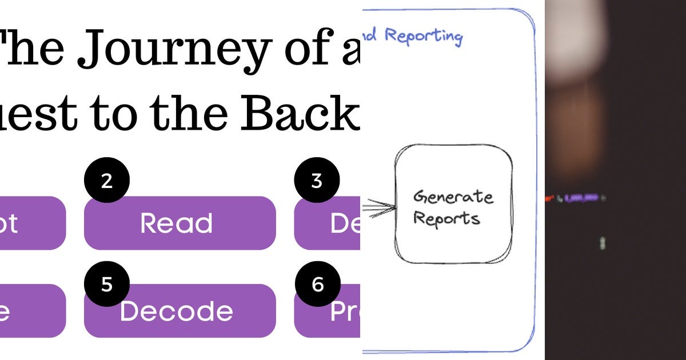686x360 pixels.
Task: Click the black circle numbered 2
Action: (107, 180)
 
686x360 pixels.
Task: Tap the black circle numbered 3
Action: (317, 180)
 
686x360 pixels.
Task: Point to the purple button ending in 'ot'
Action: (31, 223)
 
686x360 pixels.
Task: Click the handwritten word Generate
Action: (453, 197)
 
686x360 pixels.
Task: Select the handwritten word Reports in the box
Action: (446, 218)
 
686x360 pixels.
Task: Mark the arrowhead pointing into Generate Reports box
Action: (390, 207)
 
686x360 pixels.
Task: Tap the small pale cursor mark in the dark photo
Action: (601, 244)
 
